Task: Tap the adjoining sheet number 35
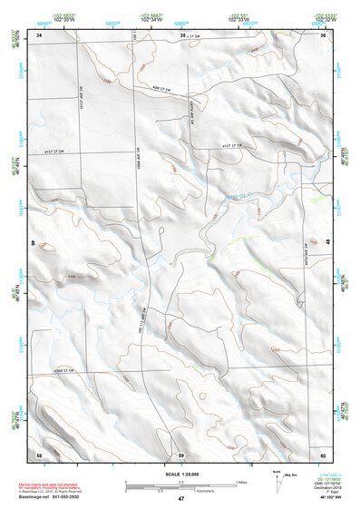(182, 35)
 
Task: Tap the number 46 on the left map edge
(34, 243)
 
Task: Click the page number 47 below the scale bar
(180, 500)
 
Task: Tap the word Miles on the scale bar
(240, 481)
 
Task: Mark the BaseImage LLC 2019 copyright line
(49, 492)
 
